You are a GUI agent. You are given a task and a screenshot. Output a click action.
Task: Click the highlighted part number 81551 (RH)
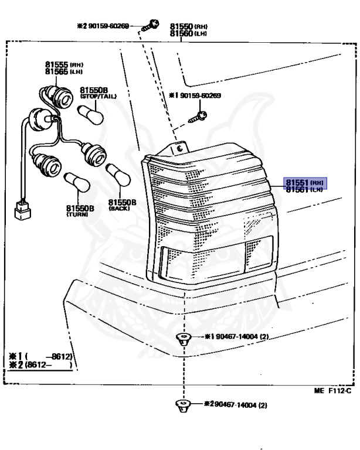tap(304, 183)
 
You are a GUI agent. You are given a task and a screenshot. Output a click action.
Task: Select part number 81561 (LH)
tap(304, 190)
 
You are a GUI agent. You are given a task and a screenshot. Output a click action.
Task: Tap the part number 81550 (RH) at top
tap(189, 27)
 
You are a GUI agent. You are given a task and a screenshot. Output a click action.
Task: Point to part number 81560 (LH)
tap(189, 34)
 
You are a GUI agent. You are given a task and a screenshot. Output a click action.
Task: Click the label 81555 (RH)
tap(64, 64)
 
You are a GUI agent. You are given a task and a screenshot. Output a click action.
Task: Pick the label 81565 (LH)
tap(64, 71)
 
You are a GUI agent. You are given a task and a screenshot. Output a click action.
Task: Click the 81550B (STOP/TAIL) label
tap(98, 93)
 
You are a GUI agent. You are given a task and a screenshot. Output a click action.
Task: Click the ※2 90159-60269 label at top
tap(108, 26)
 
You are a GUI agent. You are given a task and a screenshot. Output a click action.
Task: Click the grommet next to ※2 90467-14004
tap(183, 404)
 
